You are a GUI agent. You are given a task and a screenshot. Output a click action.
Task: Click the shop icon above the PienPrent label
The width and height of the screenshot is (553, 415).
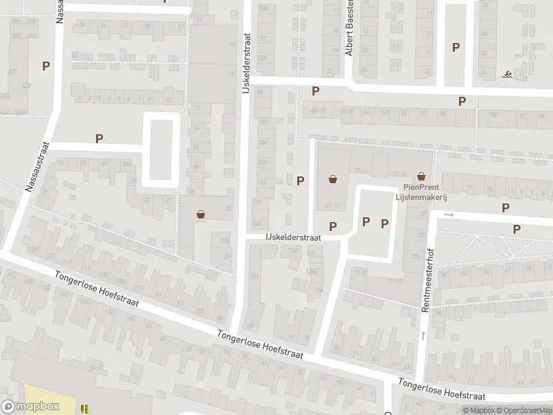coord(421,177)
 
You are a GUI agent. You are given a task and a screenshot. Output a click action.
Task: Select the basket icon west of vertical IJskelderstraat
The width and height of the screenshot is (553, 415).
coord(201,214)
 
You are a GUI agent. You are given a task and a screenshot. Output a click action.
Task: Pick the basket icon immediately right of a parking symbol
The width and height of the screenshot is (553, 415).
coord(333,180)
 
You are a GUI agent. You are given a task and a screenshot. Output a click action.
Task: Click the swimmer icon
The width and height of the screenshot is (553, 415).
coord(508,74)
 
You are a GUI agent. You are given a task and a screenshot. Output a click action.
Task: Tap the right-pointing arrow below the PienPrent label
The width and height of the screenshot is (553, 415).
coord(448,214)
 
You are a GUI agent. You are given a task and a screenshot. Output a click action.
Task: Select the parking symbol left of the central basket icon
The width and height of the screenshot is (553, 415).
coord(301,181)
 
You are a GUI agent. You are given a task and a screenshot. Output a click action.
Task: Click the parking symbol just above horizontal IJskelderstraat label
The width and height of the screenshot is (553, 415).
coord(332,226)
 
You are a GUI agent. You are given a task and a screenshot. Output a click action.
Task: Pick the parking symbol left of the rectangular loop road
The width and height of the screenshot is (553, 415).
coord(99,138)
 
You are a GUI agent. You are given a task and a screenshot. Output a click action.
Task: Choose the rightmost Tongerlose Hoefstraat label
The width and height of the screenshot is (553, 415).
coord(442,389)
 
